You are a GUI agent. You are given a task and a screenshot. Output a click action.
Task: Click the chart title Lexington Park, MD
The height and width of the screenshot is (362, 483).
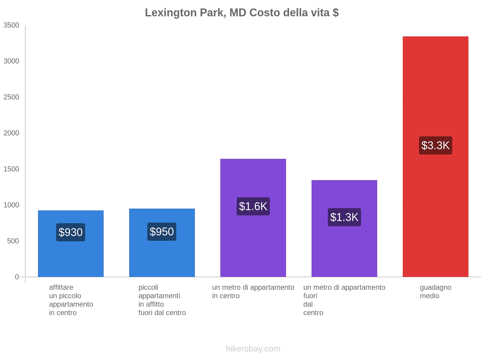pos(241,13)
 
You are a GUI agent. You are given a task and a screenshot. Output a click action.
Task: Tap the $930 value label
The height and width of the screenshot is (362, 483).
pos(71,232)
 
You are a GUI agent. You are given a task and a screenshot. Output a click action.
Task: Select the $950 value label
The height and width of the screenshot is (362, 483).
pos(162,232)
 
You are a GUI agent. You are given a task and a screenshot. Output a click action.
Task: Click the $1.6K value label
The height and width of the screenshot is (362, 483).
pos(253,206)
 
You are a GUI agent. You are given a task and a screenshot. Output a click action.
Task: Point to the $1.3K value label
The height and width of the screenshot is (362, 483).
pos(344,217)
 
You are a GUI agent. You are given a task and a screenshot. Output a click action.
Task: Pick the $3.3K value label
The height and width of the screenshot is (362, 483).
pos(435,145)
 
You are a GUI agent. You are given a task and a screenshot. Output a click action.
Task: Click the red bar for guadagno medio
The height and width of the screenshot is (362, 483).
pos(435,91)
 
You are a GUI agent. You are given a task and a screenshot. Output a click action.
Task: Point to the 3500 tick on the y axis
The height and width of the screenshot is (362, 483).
pos(11,25)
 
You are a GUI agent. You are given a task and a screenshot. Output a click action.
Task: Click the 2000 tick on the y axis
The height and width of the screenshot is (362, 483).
pos(11,133)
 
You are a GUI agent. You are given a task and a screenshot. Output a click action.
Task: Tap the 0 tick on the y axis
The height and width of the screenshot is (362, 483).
pos(17,277)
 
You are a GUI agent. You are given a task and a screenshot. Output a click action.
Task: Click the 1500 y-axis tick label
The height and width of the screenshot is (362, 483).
pos(11,169)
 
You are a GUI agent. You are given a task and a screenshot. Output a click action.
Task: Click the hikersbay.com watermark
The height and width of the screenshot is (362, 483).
pos(253,349)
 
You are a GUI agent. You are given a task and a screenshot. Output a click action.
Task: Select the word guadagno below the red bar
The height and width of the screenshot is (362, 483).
pos(435,287)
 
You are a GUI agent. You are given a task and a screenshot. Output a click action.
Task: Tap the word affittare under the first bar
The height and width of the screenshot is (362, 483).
pos(61,287)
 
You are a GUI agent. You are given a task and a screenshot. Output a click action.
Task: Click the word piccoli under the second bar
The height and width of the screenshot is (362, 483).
pos(148,287)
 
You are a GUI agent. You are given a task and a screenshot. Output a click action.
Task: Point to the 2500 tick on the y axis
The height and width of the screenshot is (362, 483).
pos(11,97)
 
